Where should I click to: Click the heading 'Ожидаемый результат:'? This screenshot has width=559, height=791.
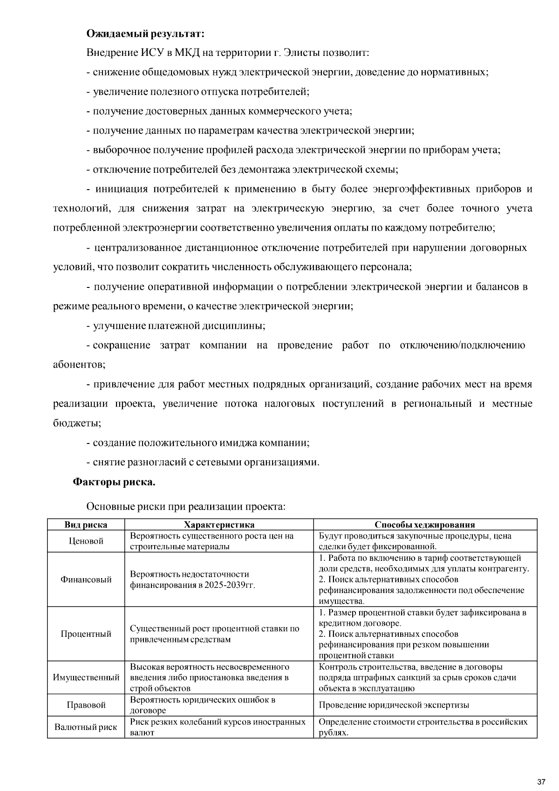pos(145,34)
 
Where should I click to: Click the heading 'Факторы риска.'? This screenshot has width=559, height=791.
pos(114,482)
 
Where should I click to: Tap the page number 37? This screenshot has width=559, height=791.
pos(541,781)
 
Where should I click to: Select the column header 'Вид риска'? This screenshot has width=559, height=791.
pos(86,525)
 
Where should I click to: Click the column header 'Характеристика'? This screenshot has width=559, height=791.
pos(219,525)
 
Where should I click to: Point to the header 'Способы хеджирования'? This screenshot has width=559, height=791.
pos(425,525)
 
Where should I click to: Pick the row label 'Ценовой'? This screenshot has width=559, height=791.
pos(86,541)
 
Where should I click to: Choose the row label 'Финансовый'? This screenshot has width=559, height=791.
pos(86,580)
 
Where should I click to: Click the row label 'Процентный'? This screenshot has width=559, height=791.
pos(86,634)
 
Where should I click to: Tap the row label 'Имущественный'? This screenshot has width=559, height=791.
pos(86,677)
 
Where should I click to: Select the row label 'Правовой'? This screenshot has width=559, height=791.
pos(86,705)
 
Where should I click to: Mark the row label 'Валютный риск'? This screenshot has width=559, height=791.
pos(86,727)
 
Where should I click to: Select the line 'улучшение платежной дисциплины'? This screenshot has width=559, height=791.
pos(178,326)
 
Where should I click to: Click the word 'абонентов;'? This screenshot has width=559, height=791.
pos(79,364)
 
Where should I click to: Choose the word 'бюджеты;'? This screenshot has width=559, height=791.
pos(77,423)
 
